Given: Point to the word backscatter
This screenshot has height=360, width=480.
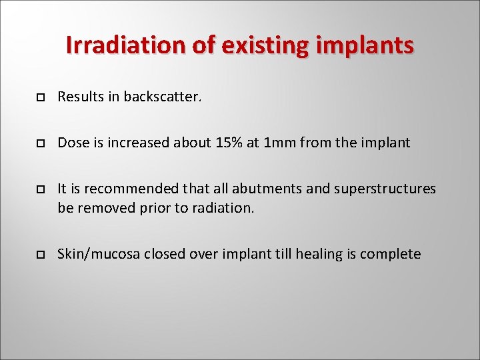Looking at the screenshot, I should (x=163, y=97).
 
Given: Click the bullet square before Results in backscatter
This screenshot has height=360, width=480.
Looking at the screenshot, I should (x=40, y=97).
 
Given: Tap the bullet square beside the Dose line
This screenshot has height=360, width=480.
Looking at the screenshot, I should (x=40, y=143).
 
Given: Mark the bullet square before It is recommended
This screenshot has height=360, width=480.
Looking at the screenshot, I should (x=40, y=189).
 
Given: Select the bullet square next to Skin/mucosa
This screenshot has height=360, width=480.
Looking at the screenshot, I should (x=40, y=255).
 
